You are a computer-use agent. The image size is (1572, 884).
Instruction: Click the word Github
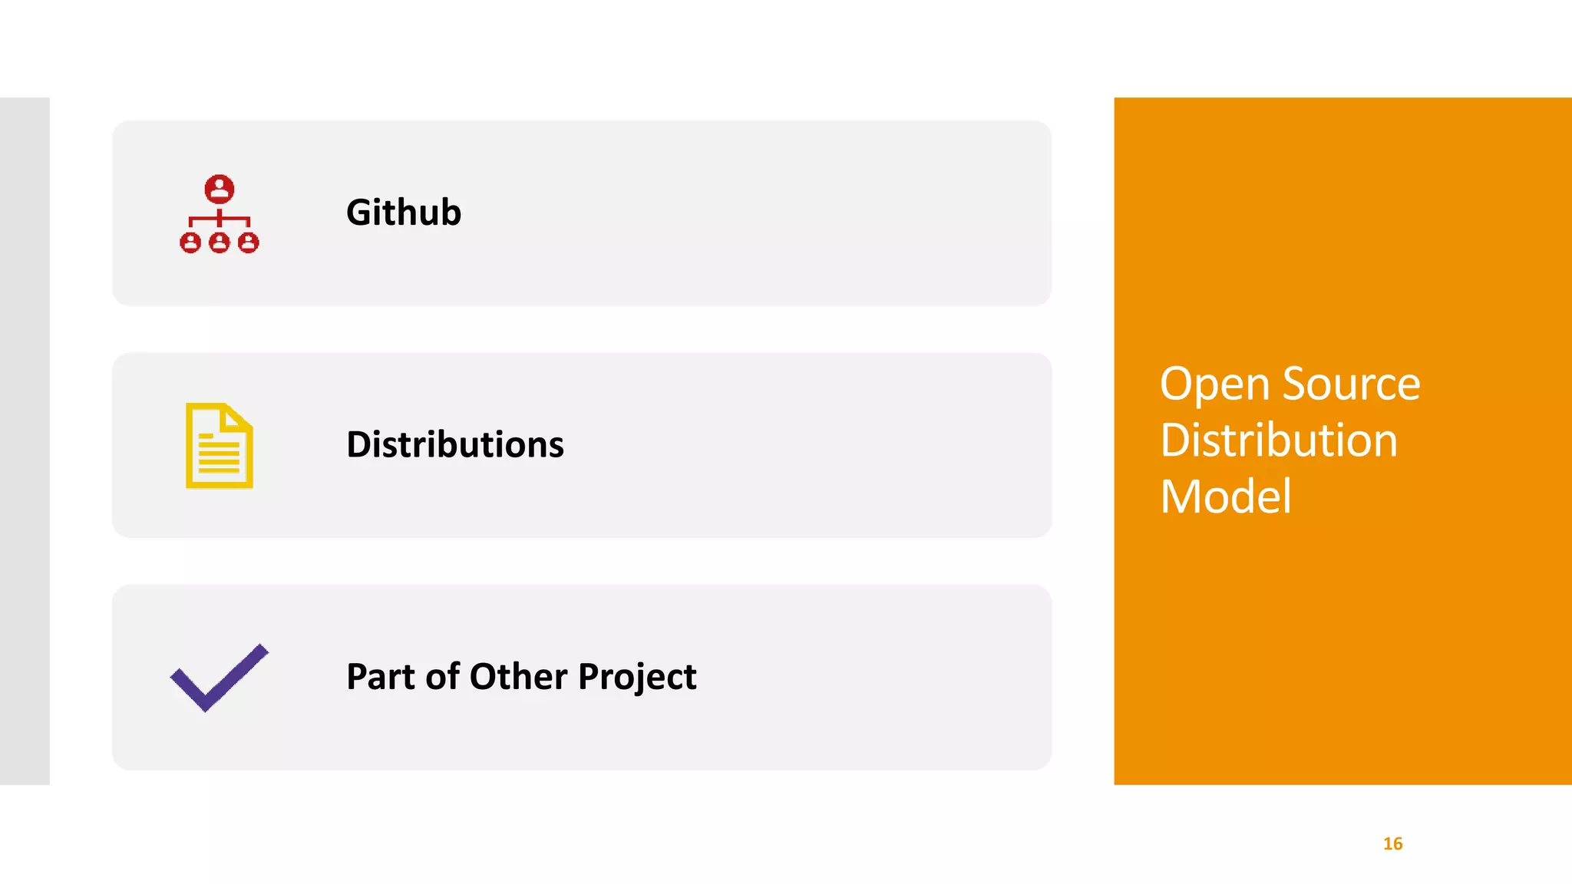click(404, 213)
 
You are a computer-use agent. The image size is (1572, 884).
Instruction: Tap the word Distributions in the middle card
click(455, 445)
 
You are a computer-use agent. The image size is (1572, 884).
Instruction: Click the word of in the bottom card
click(443, 677)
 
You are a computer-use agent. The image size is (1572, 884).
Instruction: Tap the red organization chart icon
click(220, 214)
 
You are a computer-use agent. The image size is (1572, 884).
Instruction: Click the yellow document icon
click(220, 446)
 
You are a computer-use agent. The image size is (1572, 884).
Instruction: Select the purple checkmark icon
click(220, 678)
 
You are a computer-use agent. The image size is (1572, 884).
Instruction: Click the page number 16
click(1392, 844)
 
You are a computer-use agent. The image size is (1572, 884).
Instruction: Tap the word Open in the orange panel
click(1214, 384)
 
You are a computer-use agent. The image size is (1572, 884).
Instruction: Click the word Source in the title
click(1351, 384)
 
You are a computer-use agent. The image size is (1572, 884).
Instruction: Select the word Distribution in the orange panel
click(1279, 440)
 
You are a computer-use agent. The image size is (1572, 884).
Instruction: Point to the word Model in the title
click(1226, 496)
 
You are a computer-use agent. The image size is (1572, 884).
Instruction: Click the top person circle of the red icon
click(220, 189)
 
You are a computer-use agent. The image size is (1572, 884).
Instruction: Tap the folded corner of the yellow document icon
click(233, 417)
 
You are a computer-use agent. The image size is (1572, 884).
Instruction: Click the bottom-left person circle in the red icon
click(190, 243)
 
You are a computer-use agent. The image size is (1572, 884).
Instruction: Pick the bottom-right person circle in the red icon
click(249, 243)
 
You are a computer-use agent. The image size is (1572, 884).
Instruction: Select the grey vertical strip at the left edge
click(25, 441)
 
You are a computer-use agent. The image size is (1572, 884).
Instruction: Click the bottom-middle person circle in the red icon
click(220, 243)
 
